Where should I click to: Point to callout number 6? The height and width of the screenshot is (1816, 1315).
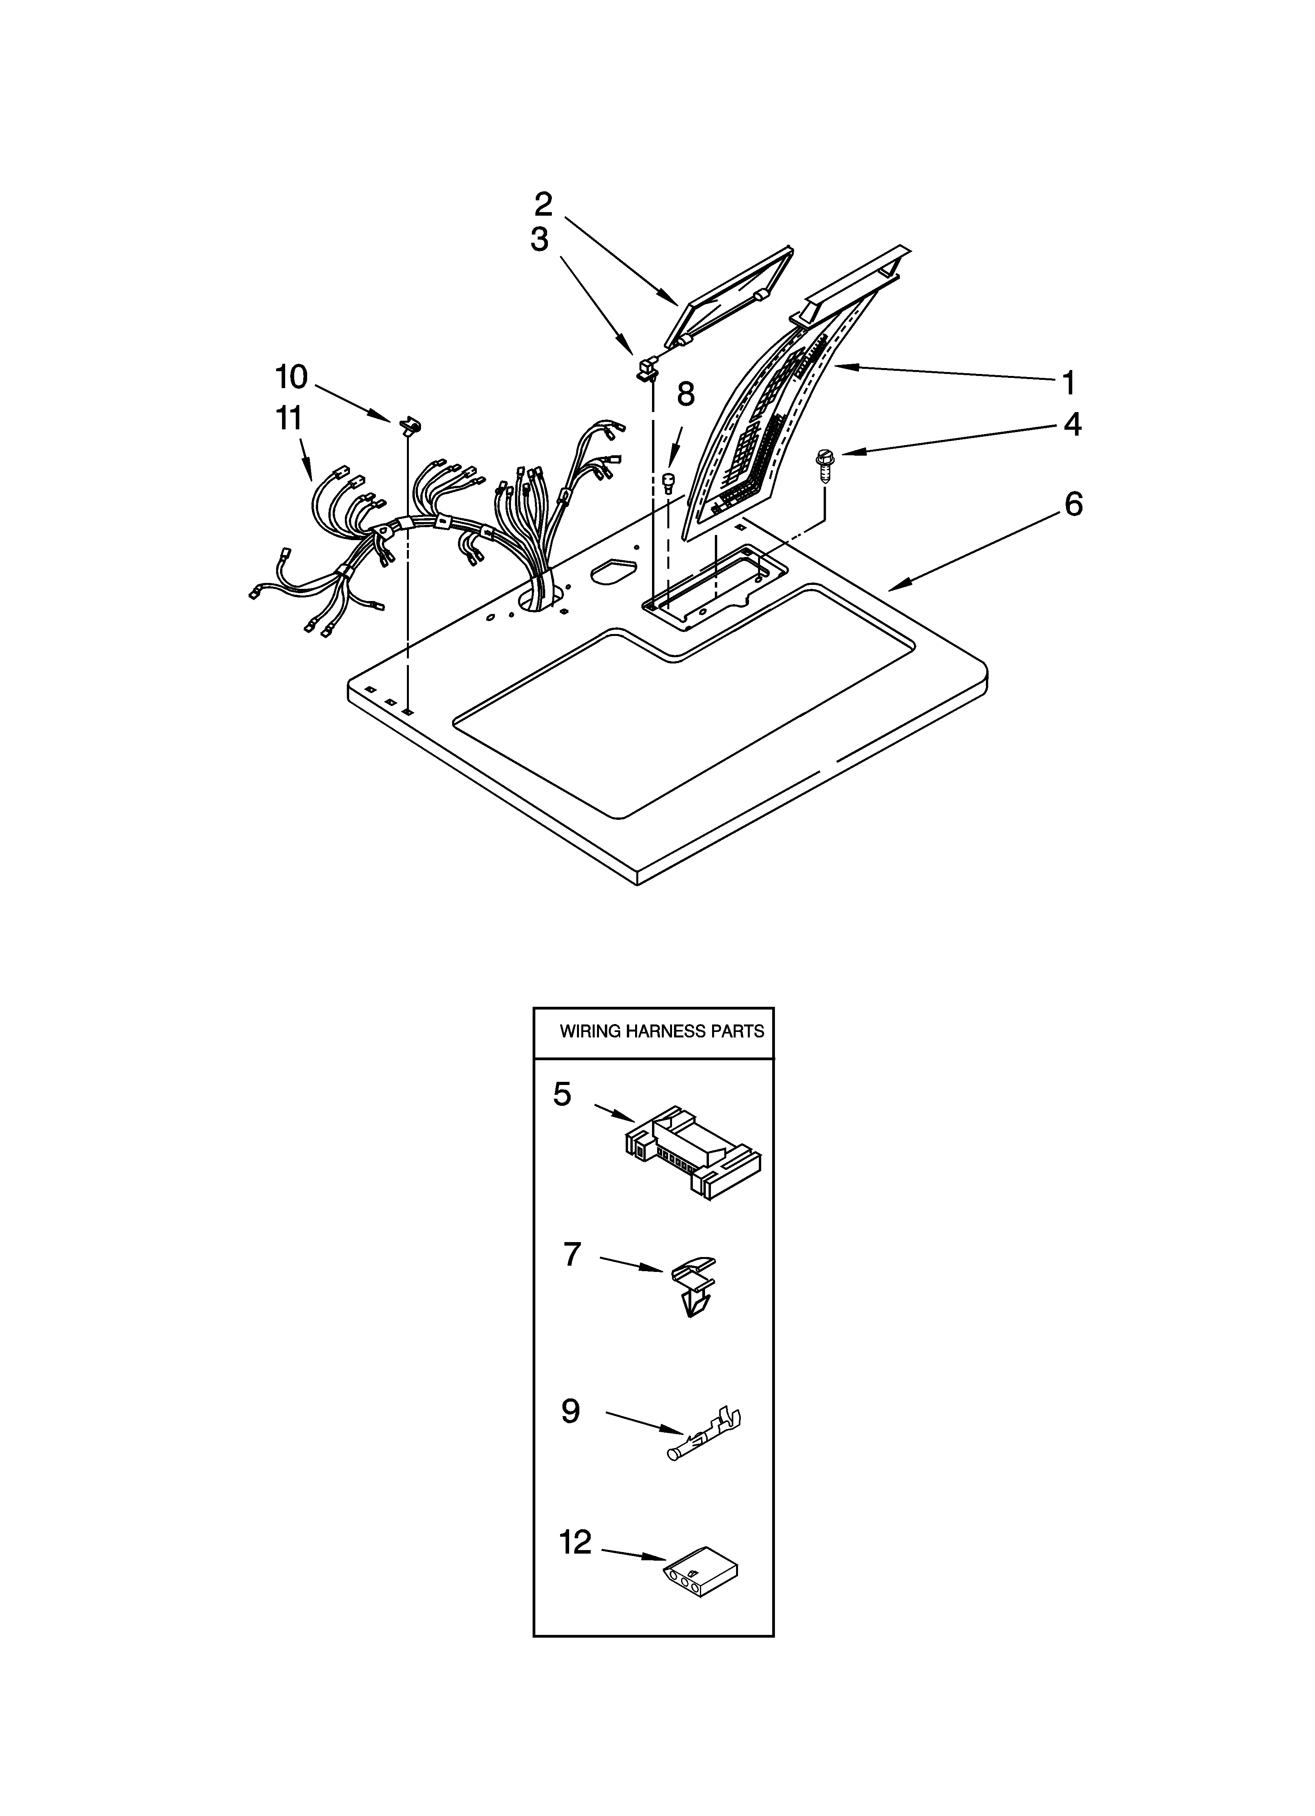[x=1073, y=504]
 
